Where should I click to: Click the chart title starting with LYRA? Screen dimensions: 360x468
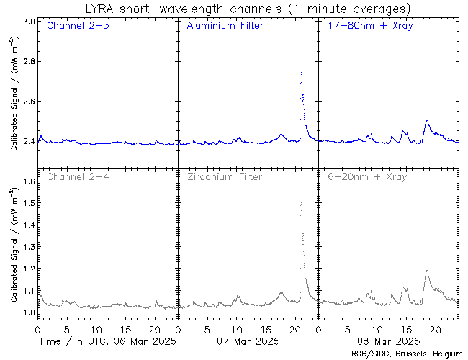click(247, 9)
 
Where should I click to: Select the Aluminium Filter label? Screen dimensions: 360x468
click(225, 27)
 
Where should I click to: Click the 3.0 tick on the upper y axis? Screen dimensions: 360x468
click(27, 22)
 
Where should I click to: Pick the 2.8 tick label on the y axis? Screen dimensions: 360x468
click(27, 62)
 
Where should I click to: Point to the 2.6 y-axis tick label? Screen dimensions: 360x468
click(27, 102)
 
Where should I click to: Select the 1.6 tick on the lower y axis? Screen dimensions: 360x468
click(27, 181)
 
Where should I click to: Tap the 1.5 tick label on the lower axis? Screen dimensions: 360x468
click(27, 203)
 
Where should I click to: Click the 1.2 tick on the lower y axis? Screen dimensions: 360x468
click(27, 269)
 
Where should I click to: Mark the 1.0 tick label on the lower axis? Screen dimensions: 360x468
click(27, 312)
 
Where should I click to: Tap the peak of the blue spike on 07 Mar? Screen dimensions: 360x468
click(300, 73)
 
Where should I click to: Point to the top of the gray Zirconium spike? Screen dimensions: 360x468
click(300, 202)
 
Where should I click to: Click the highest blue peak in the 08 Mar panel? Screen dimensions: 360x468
click(427, 120)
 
